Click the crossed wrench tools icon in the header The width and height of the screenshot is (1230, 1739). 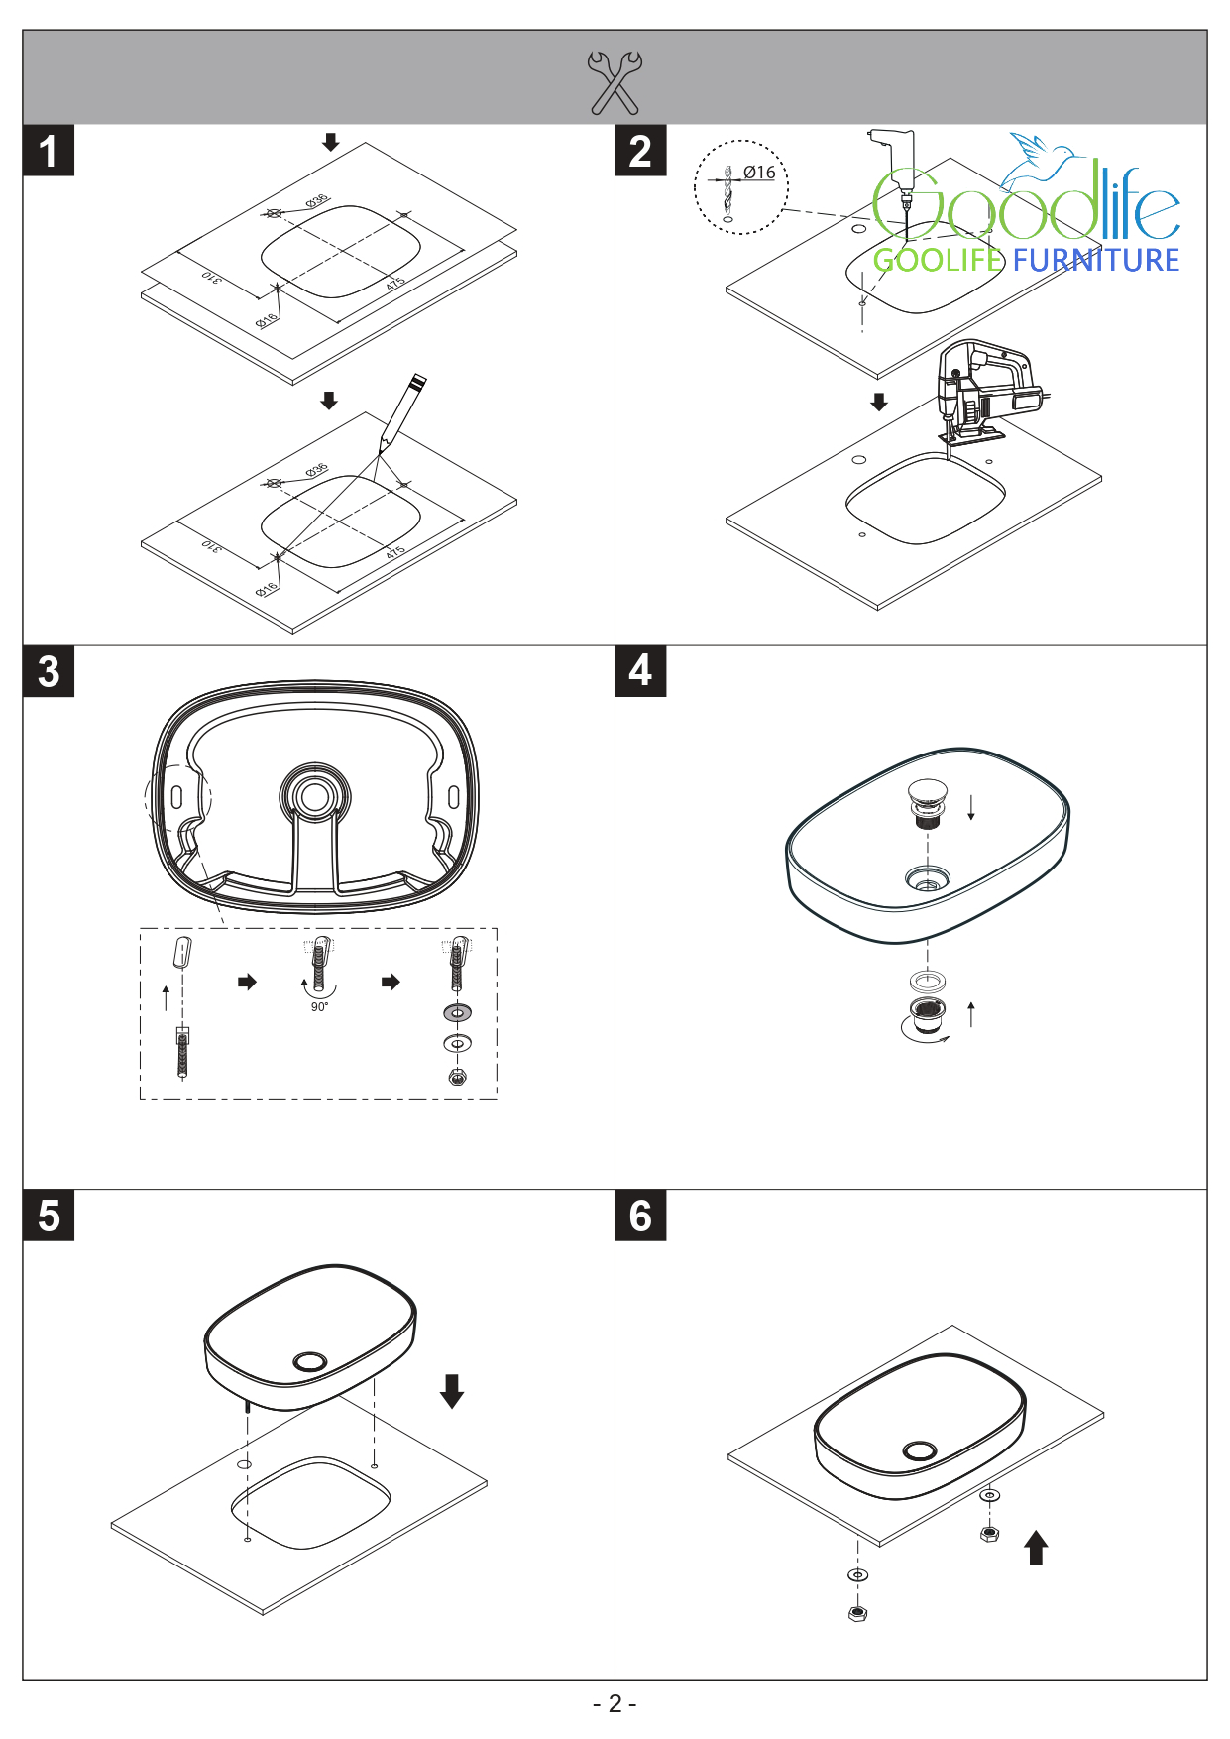615,81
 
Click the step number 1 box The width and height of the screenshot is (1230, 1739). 49,151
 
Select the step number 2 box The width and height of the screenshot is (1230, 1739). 640,151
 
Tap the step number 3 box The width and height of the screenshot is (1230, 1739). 49,671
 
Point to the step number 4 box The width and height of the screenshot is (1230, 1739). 640,671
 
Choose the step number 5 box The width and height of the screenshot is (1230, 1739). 49,1216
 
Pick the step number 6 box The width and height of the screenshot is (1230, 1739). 640,1216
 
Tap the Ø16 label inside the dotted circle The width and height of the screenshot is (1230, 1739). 759,173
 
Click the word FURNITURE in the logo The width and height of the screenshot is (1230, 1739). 1096,261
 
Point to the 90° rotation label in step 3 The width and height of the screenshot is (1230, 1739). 319,1007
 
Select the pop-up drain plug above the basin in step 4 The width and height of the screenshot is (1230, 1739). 927,800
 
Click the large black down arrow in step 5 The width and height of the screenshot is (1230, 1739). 452,1390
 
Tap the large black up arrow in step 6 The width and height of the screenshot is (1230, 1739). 1036,1547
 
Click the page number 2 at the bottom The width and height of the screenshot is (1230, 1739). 615,1703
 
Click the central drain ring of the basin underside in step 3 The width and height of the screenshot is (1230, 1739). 315,796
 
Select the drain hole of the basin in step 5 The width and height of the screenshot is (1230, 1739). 310,1361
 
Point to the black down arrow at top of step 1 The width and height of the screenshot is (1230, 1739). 331,142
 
